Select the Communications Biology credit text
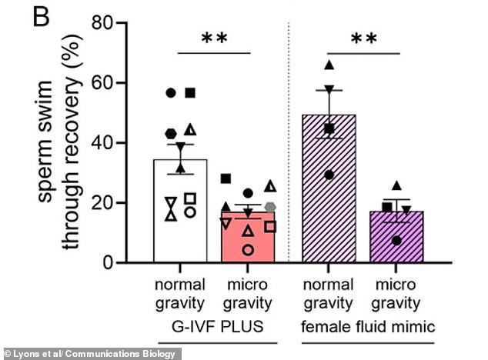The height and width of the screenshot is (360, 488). pyautogui.click(x=91, y=353)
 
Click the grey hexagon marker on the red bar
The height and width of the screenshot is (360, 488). pyautogui.click(x=270, y=207)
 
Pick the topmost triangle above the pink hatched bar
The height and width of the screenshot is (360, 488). pyautogui.click(x=329, y=65)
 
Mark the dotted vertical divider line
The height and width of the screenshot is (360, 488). pyautogui.click(x=288, y=154)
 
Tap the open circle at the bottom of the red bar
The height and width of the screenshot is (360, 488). pyautogui.click(x=247, y=250)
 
